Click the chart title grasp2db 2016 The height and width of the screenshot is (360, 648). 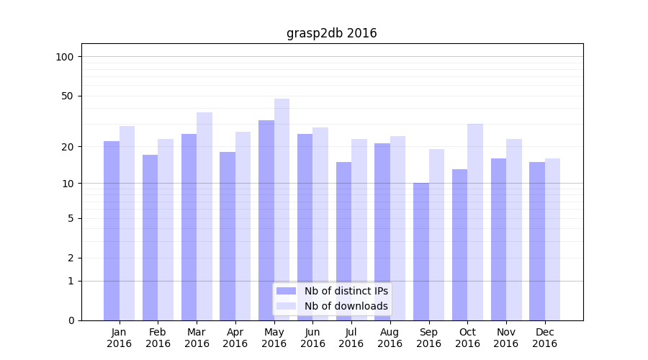pyautogui.click(x=331, y=33)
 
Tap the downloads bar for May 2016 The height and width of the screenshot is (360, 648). pyautogui.click(x=282, y=209)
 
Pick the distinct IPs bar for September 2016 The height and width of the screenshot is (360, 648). pyautogui.click(x=421, y=251)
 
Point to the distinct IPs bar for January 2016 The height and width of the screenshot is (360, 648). pyautogui.click(x=112, y=230)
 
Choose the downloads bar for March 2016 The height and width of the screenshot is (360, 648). pyautogui.click(x=204, y=216)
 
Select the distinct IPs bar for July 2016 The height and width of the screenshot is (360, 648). pyautogui.click(x=343, y=241)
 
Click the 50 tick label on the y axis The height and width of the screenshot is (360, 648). pyautogui.click(x=68, y=96)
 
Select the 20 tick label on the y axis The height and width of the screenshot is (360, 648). pyautogui.click(x=68, y=147)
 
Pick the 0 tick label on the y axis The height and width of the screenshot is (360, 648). pyautogui.click(x=71, y=320)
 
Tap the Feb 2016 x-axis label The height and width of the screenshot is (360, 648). pyautogui.click(x=158, y=338)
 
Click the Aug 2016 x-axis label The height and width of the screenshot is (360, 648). pyautogui.click(x=390, y=338)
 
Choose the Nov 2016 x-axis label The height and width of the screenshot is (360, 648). pyautogui.click(x=506, y=338)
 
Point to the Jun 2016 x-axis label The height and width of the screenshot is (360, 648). pyautogui.click(x=312, y=338)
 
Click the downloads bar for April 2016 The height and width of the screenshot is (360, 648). pyautogui.click(x=243, y=226)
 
